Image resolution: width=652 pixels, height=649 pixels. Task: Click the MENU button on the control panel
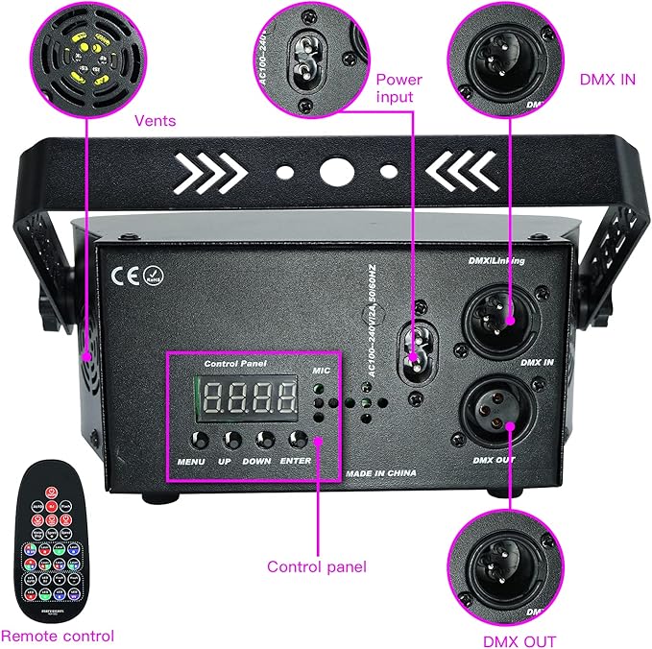click(x=199, y=441)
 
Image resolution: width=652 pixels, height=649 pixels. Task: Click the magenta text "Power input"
click(x=398, y=87)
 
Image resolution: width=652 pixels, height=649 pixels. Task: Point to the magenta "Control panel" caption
click(x=316, y=566)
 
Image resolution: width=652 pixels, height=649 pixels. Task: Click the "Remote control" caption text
click(x=58, y=636)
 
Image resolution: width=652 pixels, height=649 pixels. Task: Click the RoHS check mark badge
click(x=153, y=277)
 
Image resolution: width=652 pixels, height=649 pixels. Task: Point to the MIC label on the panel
click(x=320, y=369)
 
